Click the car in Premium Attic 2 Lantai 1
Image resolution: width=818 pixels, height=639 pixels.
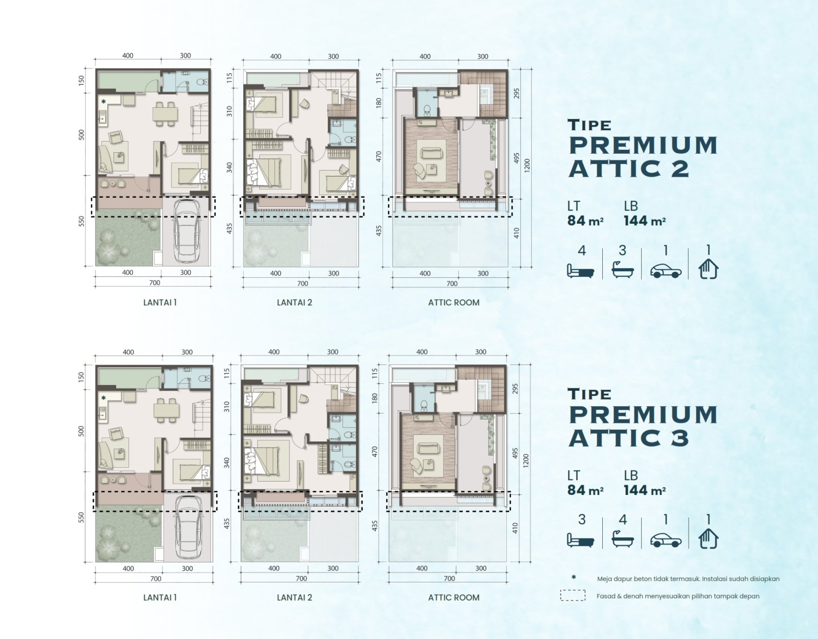point(187,231)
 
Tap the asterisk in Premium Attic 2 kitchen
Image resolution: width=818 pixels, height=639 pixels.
point(103,102)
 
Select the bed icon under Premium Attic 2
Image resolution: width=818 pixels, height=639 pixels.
point(580,271)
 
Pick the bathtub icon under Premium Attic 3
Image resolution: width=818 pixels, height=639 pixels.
point(623,540)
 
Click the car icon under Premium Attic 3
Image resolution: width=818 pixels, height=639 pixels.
point(666,540)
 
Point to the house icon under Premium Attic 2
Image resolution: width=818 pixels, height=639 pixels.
point(709,269)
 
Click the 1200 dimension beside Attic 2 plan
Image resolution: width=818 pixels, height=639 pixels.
point(527,166)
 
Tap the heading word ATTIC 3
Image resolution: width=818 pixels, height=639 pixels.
point(629,438)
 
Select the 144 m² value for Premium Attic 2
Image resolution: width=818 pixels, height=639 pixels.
point(645,221)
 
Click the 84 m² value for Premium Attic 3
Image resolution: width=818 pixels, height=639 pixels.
point(585,490)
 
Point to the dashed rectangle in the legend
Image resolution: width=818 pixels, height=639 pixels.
point(573,596)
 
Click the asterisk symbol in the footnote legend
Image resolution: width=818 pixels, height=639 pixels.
point(573,577)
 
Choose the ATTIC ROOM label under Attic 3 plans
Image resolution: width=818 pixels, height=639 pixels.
point(453,598)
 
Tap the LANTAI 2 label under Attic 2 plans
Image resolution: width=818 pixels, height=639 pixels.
point(294,302)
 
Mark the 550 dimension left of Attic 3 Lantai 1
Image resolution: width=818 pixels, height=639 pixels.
point(81,518)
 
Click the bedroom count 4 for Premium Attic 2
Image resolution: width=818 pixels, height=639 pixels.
point(582,250)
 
